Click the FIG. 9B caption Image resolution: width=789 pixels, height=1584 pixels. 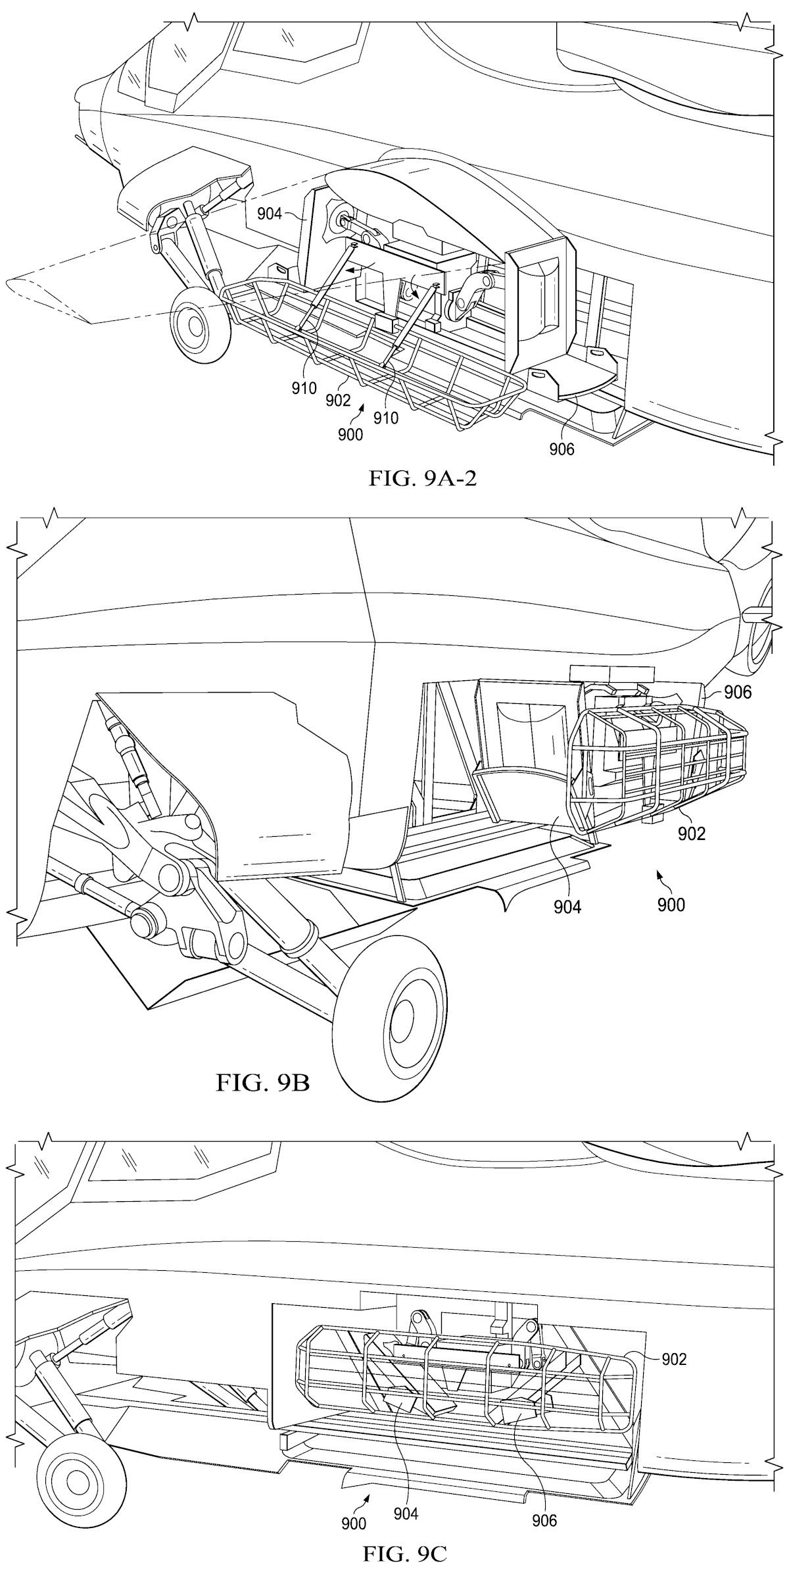(262, 1081)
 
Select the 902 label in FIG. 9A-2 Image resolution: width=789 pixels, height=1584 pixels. (339, 400)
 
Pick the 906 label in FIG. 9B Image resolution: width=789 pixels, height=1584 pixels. (737, 691)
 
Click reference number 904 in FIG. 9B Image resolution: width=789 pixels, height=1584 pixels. (567, 907)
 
